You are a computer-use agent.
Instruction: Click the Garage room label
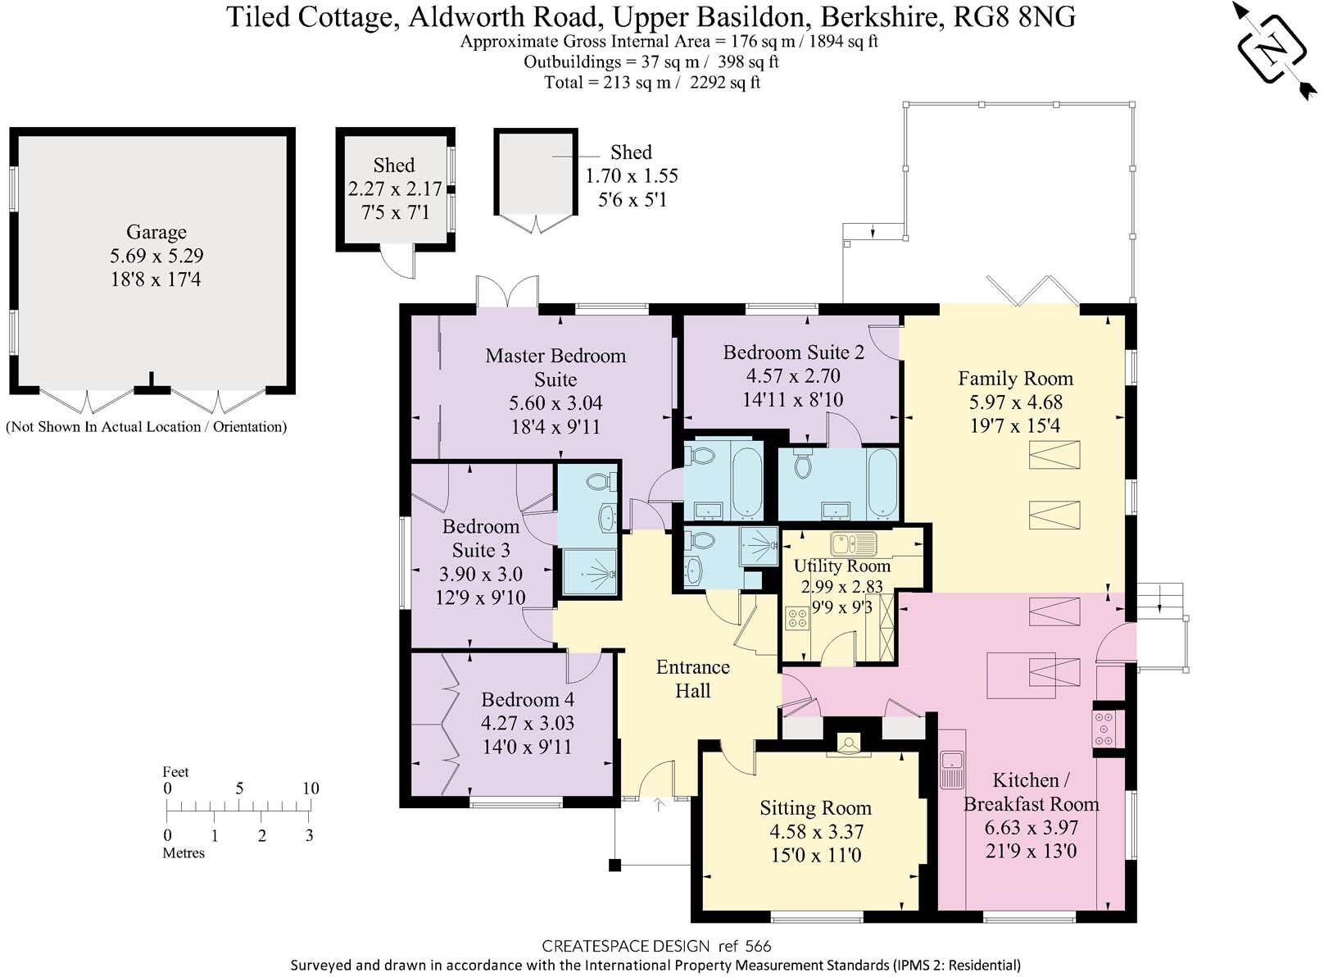tap(156, 232)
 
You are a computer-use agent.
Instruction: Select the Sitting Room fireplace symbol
tap(848, 744)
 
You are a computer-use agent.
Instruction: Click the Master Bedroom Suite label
tap(555, 367)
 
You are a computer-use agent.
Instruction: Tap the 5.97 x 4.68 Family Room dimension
tap(1015, 402)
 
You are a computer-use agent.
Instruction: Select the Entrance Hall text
tap(692, 679)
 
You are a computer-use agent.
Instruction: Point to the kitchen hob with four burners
tap(1104, 728)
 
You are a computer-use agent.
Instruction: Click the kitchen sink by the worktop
tap(952, 769)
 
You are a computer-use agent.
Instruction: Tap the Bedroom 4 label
tap(527, 699)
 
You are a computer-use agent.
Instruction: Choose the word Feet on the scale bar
tap(175, 771)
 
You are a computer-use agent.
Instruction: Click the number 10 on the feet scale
tap(310, 788)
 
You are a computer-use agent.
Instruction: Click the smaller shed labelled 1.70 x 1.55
tap(535, 172)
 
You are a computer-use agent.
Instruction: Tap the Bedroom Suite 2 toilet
tap(802, 465)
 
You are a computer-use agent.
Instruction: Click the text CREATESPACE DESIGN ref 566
tap(656, 947)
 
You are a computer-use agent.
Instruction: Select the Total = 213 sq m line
tap(652, 82)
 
